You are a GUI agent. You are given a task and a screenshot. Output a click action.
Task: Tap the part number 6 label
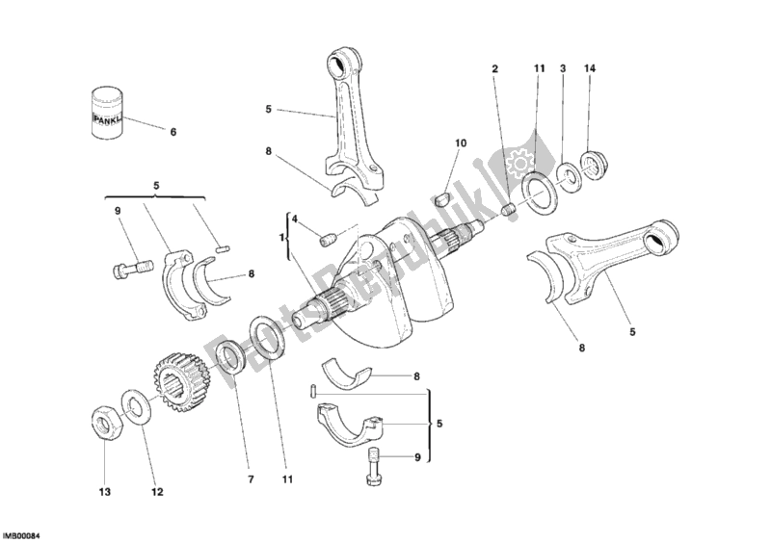173,132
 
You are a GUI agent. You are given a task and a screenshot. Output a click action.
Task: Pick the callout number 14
591,69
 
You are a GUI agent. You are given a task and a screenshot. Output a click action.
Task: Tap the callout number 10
461,142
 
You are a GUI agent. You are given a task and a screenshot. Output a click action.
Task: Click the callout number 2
495,69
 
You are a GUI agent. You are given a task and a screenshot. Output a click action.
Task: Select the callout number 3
563,69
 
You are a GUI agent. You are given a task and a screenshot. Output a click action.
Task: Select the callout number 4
295,219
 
